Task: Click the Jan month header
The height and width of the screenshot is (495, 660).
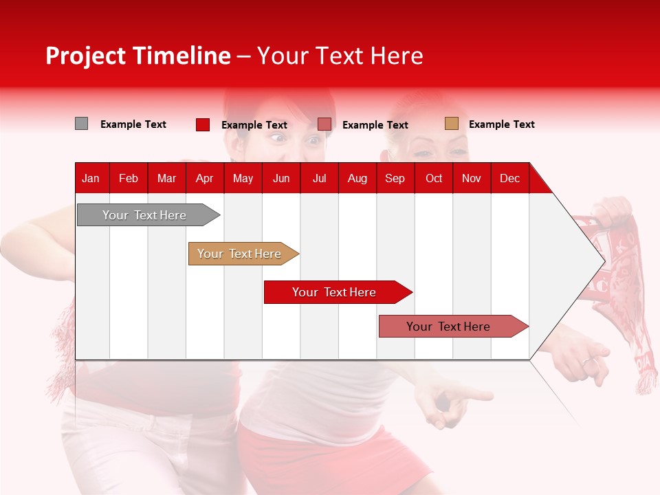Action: (91, 179)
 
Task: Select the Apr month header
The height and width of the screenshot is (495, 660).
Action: (205, 179)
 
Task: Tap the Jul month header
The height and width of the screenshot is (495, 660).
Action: (320, 179)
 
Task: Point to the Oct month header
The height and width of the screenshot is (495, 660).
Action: (434, 179)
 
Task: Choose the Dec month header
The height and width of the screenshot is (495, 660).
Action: (509, 179)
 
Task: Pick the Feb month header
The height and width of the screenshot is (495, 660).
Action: (129, 179)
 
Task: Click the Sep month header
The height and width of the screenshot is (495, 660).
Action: (395, 179)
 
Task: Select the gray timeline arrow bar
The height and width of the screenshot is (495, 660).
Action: (148, 215)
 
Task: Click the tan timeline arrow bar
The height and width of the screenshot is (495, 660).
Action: (243, 254)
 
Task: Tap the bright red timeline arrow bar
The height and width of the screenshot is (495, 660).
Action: (338, 292)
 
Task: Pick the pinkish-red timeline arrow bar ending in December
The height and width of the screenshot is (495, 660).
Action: (454, 326)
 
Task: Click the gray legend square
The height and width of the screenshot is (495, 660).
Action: (81, 124)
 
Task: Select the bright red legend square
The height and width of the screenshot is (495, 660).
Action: (202, 124)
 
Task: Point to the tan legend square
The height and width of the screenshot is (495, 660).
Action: (452, 123)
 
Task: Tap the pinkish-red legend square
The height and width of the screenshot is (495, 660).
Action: (324, 124)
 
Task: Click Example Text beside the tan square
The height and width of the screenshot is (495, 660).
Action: (502, 124)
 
